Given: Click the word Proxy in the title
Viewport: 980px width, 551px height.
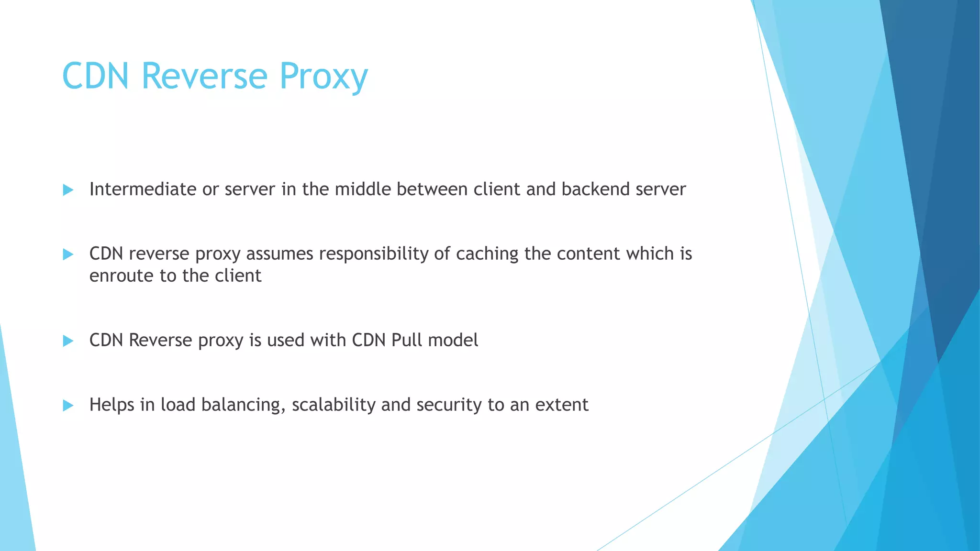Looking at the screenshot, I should coord(323,77).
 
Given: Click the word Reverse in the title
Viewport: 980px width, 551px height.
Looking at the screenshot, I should coord(204,77).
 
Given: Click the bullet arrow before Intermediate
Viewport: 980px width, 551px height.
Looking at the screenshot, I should coord(68,190).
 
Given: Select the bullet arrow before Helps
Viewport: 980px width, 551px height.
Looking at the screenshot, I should coord(68,406).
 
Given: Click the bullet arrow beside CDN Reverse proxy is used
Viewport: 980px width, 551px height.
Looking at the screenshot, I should coord(68,341).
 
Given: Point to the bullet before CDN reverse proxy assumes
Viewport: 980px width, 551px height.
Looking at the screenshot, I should coord(68,254).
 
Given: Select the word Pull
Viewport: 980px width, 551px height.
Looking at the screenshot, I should coord(407,340).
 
